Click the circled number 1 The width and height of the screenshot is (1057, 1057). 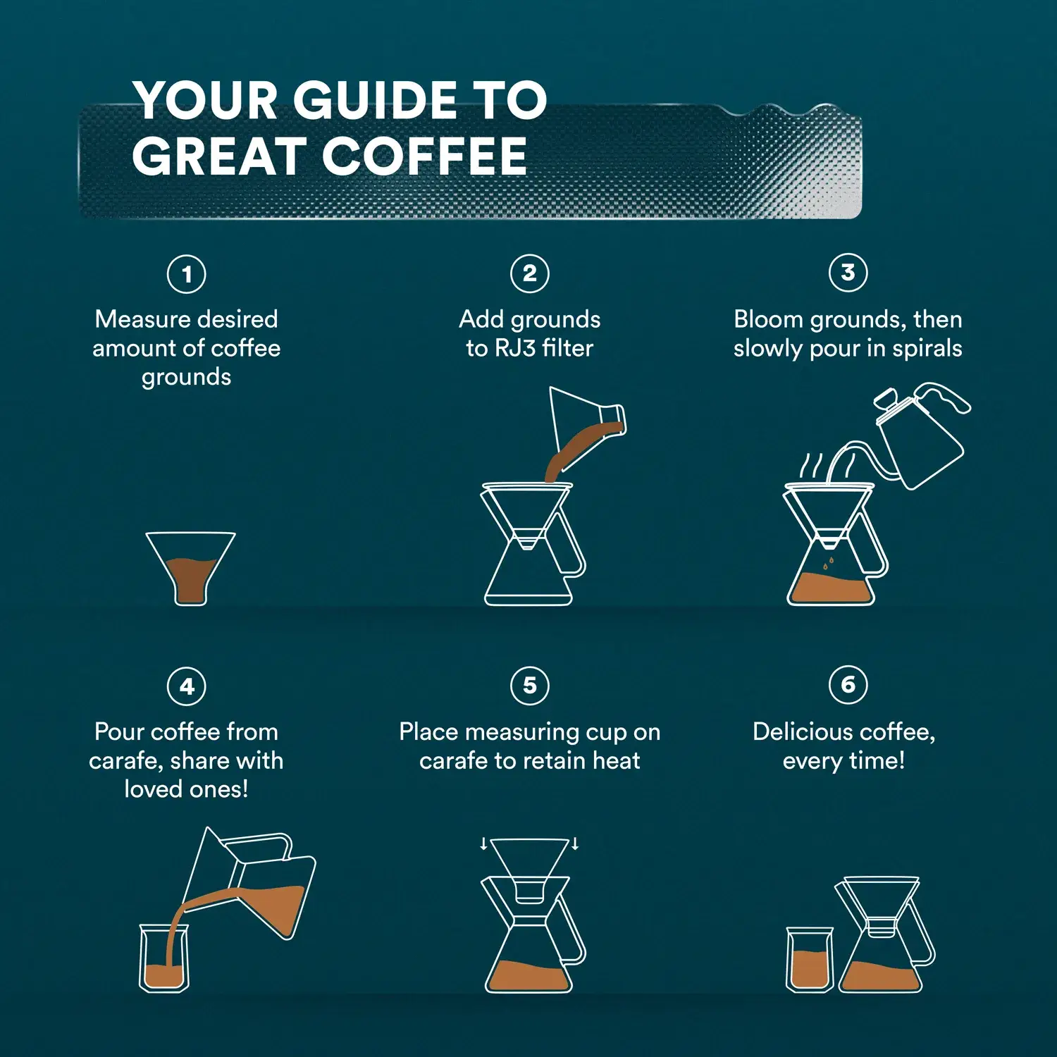pyautogui.click(x=187, y=274)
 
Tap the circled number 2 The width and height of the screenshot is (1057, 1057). pyautogui.click(x=530, y=273)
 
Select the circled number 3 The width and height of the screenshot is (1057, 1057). pyautogui.click(x=848, y=273)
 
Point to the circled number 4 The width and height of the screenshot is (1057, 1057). pyautogui.click(x=187, y=686)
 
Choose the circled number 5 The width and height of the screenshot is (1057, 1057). pyautogui.click(x=530, y=685)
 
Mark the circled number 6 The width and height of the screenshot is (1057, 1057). pyautogui.click(x=848, y=684)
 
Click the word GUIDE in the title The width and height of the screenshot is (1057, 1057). pyautogui.click(x=374, y=100)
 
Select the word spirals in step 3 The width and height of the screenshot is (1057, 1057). pyautogui.click(x=927, y=348)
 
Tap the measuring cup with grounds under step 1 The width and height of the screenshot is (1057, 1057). pyautogui.click(x=190, y=567)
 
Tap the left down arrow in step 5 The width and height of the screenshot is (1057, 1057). pyautogui.click(x=483, y=843)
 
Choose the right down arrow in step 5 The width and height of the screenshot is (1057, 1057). pyautogui.click(x=575, y=843)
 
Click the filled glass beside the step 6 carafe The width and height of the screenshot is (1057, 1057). pyautogui.click(x=810, y=960)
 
